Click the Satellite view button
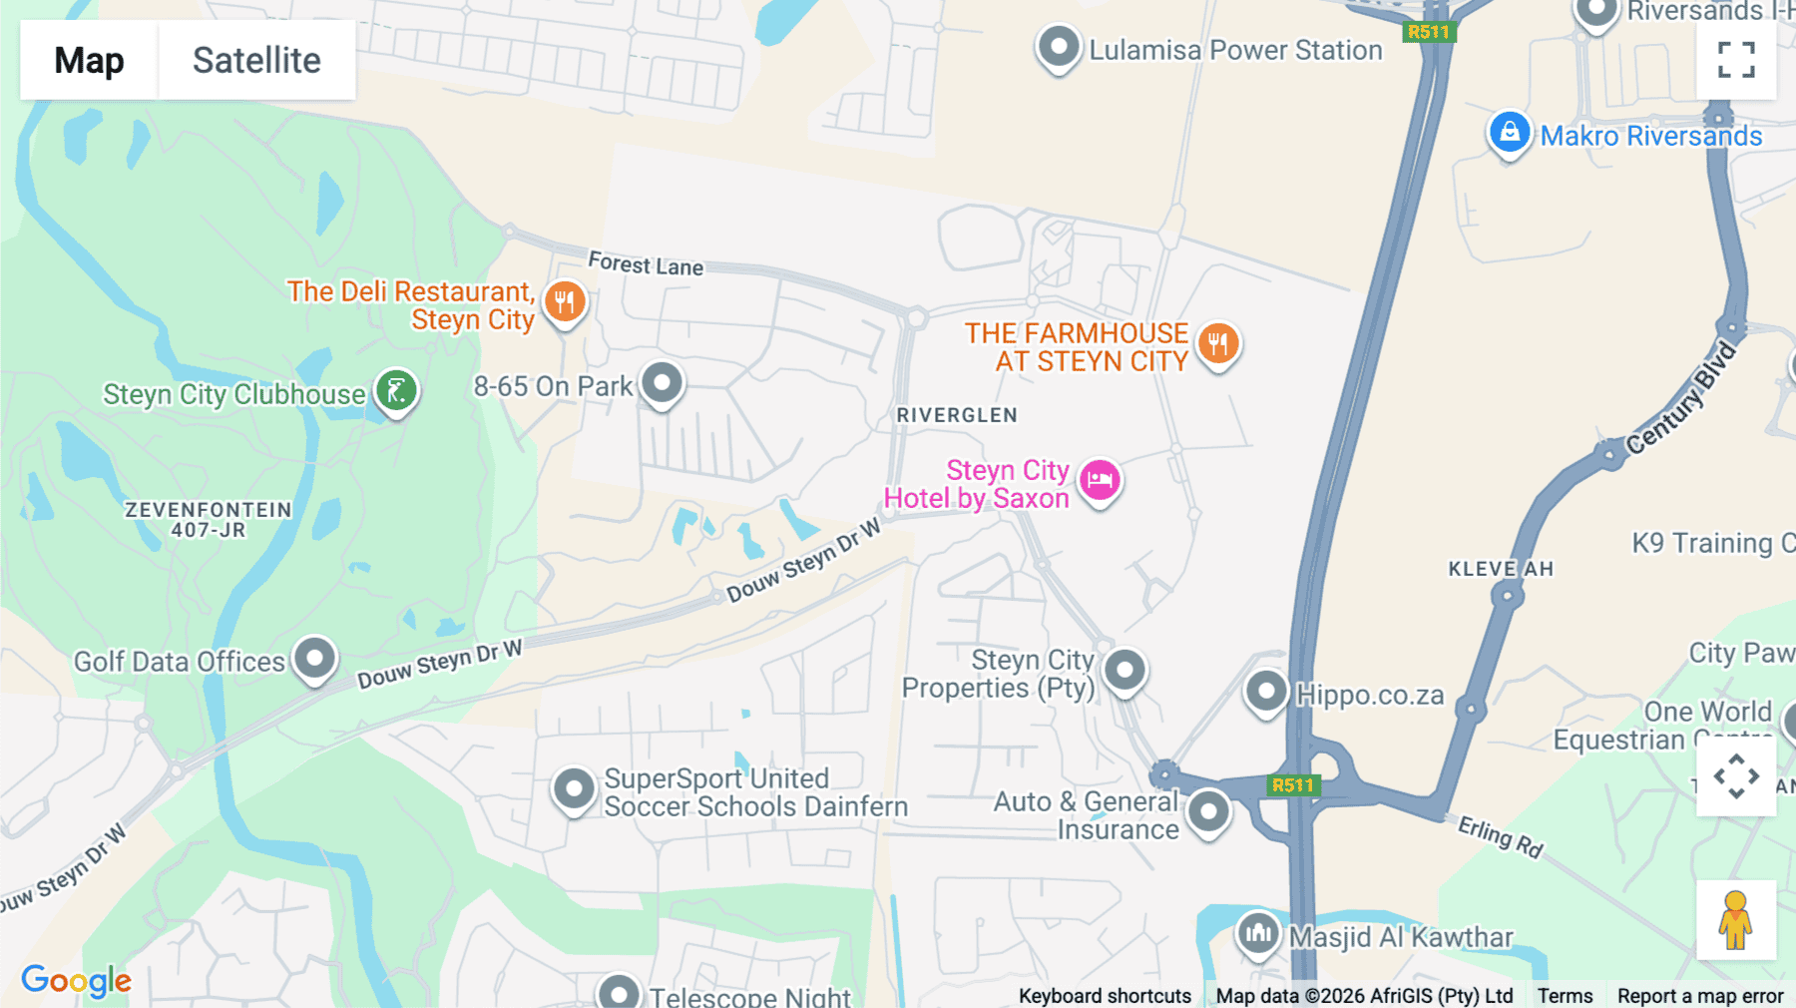pos(256,60)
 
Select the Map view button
pos(89,60)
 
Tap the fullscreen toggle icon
pos(1736,60)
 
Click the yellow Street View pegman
pos(1735,919)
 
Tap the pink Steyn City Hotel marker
pos(1100,480)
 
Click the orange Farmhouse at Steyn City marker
pos(1217,344)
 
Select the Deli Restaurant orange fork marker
pos(565,301)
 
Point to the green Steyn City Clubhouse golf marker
pos(396,390)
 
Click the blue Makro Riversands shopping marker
pos(1509,132)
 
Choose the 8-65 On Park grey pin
pos(662,382)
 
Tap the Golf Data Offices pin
pos(315,659)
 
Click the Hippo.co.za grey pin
pos(1266,691)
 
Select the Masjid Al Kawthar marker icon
pos(1257,934)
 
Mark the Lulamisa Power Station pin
pos(1059,47)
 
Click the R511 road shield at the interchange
pos(1293,785)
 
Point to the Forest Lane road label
pos(646,264)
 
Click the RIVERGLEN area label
pos(957,415)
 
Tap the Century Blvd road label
pos(1680,399)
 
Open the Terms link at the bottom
pos(1565,995)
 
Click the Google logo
pos(76,980)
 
